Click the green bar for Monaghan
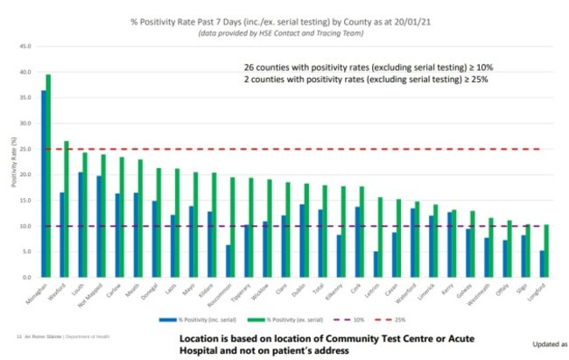[48, 175]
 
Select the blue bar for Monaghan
[44, 184]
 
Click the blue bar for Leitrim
[376, 265]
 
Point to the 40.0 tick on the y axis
[25, 72]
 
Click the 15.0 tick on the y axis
[25, 201]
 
